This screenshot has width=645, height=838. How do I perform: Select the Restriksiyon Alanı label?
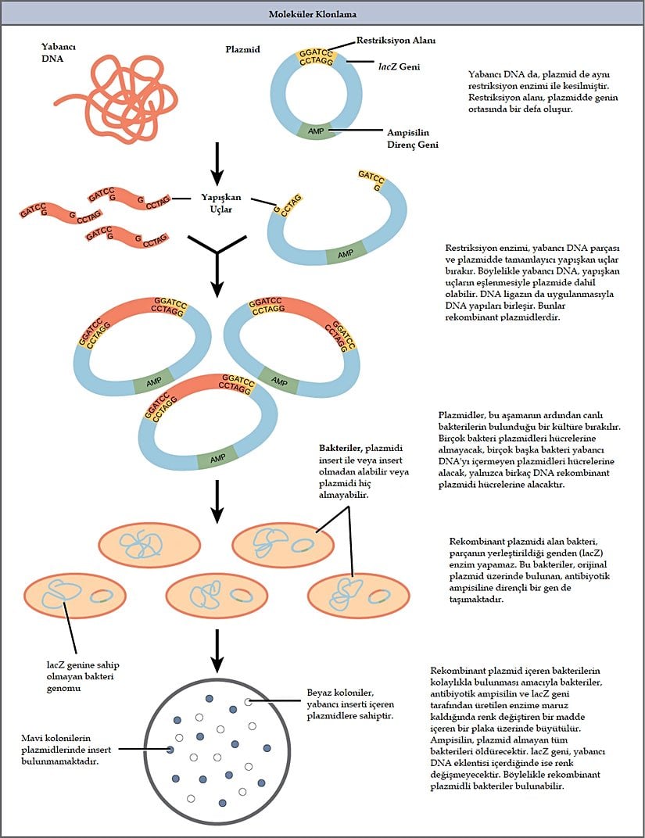tap(396, 40)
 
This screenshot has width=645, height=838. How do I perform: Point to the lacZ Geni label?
tap(400, 67)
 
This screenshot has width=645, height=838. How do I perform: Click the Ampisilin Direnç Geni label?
tap(413, 138)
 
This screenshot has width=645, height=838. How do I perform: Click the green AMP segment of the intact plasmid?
tap(316, 132)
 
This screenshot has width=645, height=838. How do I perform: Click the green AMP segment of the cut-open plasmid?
tap(345, 254)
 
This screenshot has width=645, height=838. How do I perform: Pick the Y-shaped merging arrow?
tap(218, 262)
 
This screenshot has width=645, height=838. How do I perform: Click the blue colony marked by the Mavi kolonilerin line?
tap(170, 750)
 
